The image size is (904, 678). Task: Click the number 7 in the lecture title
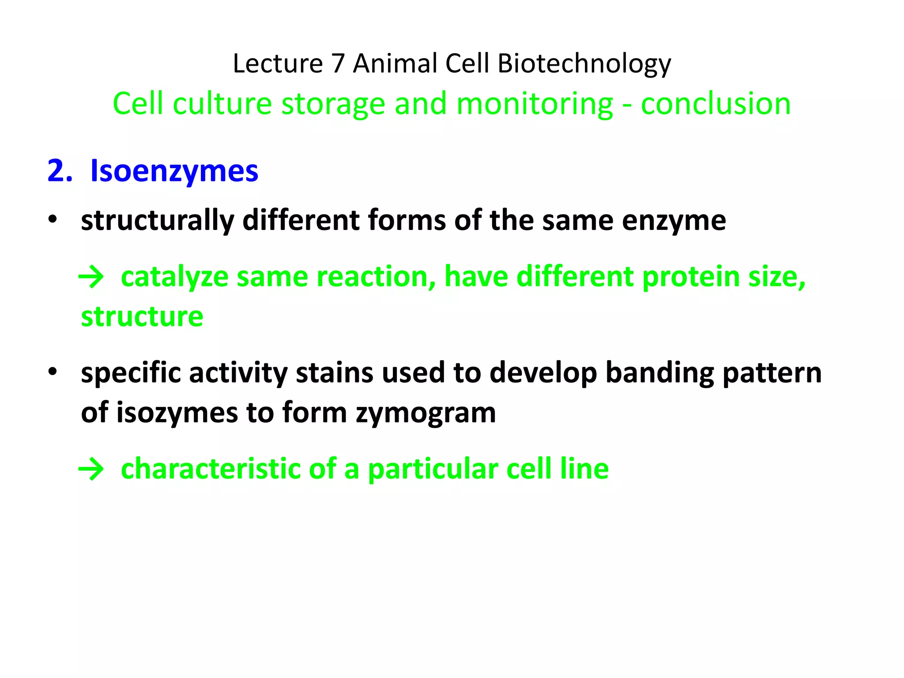pyautogui.click(x=338, y=64)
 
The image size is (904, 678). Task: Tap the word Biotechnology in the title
pyautogui.click(x=584, y=64)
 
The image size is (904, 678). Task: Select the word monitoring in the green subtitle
pyautogui.click(x=534, y=104)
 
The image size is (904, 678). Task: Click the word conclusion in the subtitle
pyautogui.click(x=716, y=104)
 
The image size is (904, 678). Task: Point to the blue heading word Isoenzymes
pyautogui.click(x=174, y=171)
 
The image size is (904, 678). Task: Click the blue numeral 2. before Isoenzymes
pyautogui.click(x=60, y=171)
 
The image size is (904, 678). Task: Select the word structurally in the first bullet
pyautogui.click(x=157, y=220)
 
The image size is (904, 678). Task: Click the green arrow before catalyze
pyautogui.click(x=91, y=278)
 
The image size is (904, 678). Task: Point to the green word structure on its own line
pyautogui.click(x=142, y=316)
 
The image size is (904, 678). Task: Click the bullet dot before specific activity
pyautogui.click(x=53, y=372)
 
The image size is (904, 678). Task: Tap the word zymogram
pyautogui.click(x=426, y=413)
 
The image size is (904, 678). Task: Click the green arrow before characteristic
pyautogui.click(x=91, y=469)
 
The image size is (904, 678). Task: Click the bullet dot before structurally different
pyautogui.click(x=53, y=219)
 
